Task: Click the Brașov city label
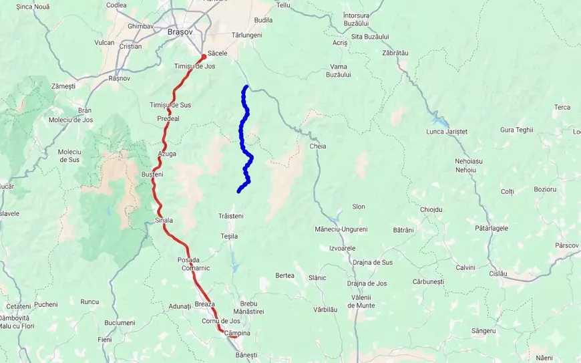(180, 31)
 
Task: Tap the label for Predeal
(168, 118)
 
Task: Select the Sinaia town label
(164, 220)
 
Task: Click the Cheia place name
(317, 146)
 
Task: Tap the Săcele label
(218, 53)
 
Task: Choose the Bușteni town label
(152, 174)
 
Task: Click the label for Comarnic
(196, 267)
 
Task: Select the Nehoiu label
(465, 170)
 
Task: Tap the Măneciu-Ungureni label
(341, 229)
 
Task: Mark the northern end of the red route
(203, 57)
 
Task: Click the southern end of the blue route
(238, 192)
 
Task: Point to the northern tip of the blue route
(246, 87)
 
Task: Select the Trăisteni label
(231, 216)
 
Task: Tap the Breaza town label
(205, 304)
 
